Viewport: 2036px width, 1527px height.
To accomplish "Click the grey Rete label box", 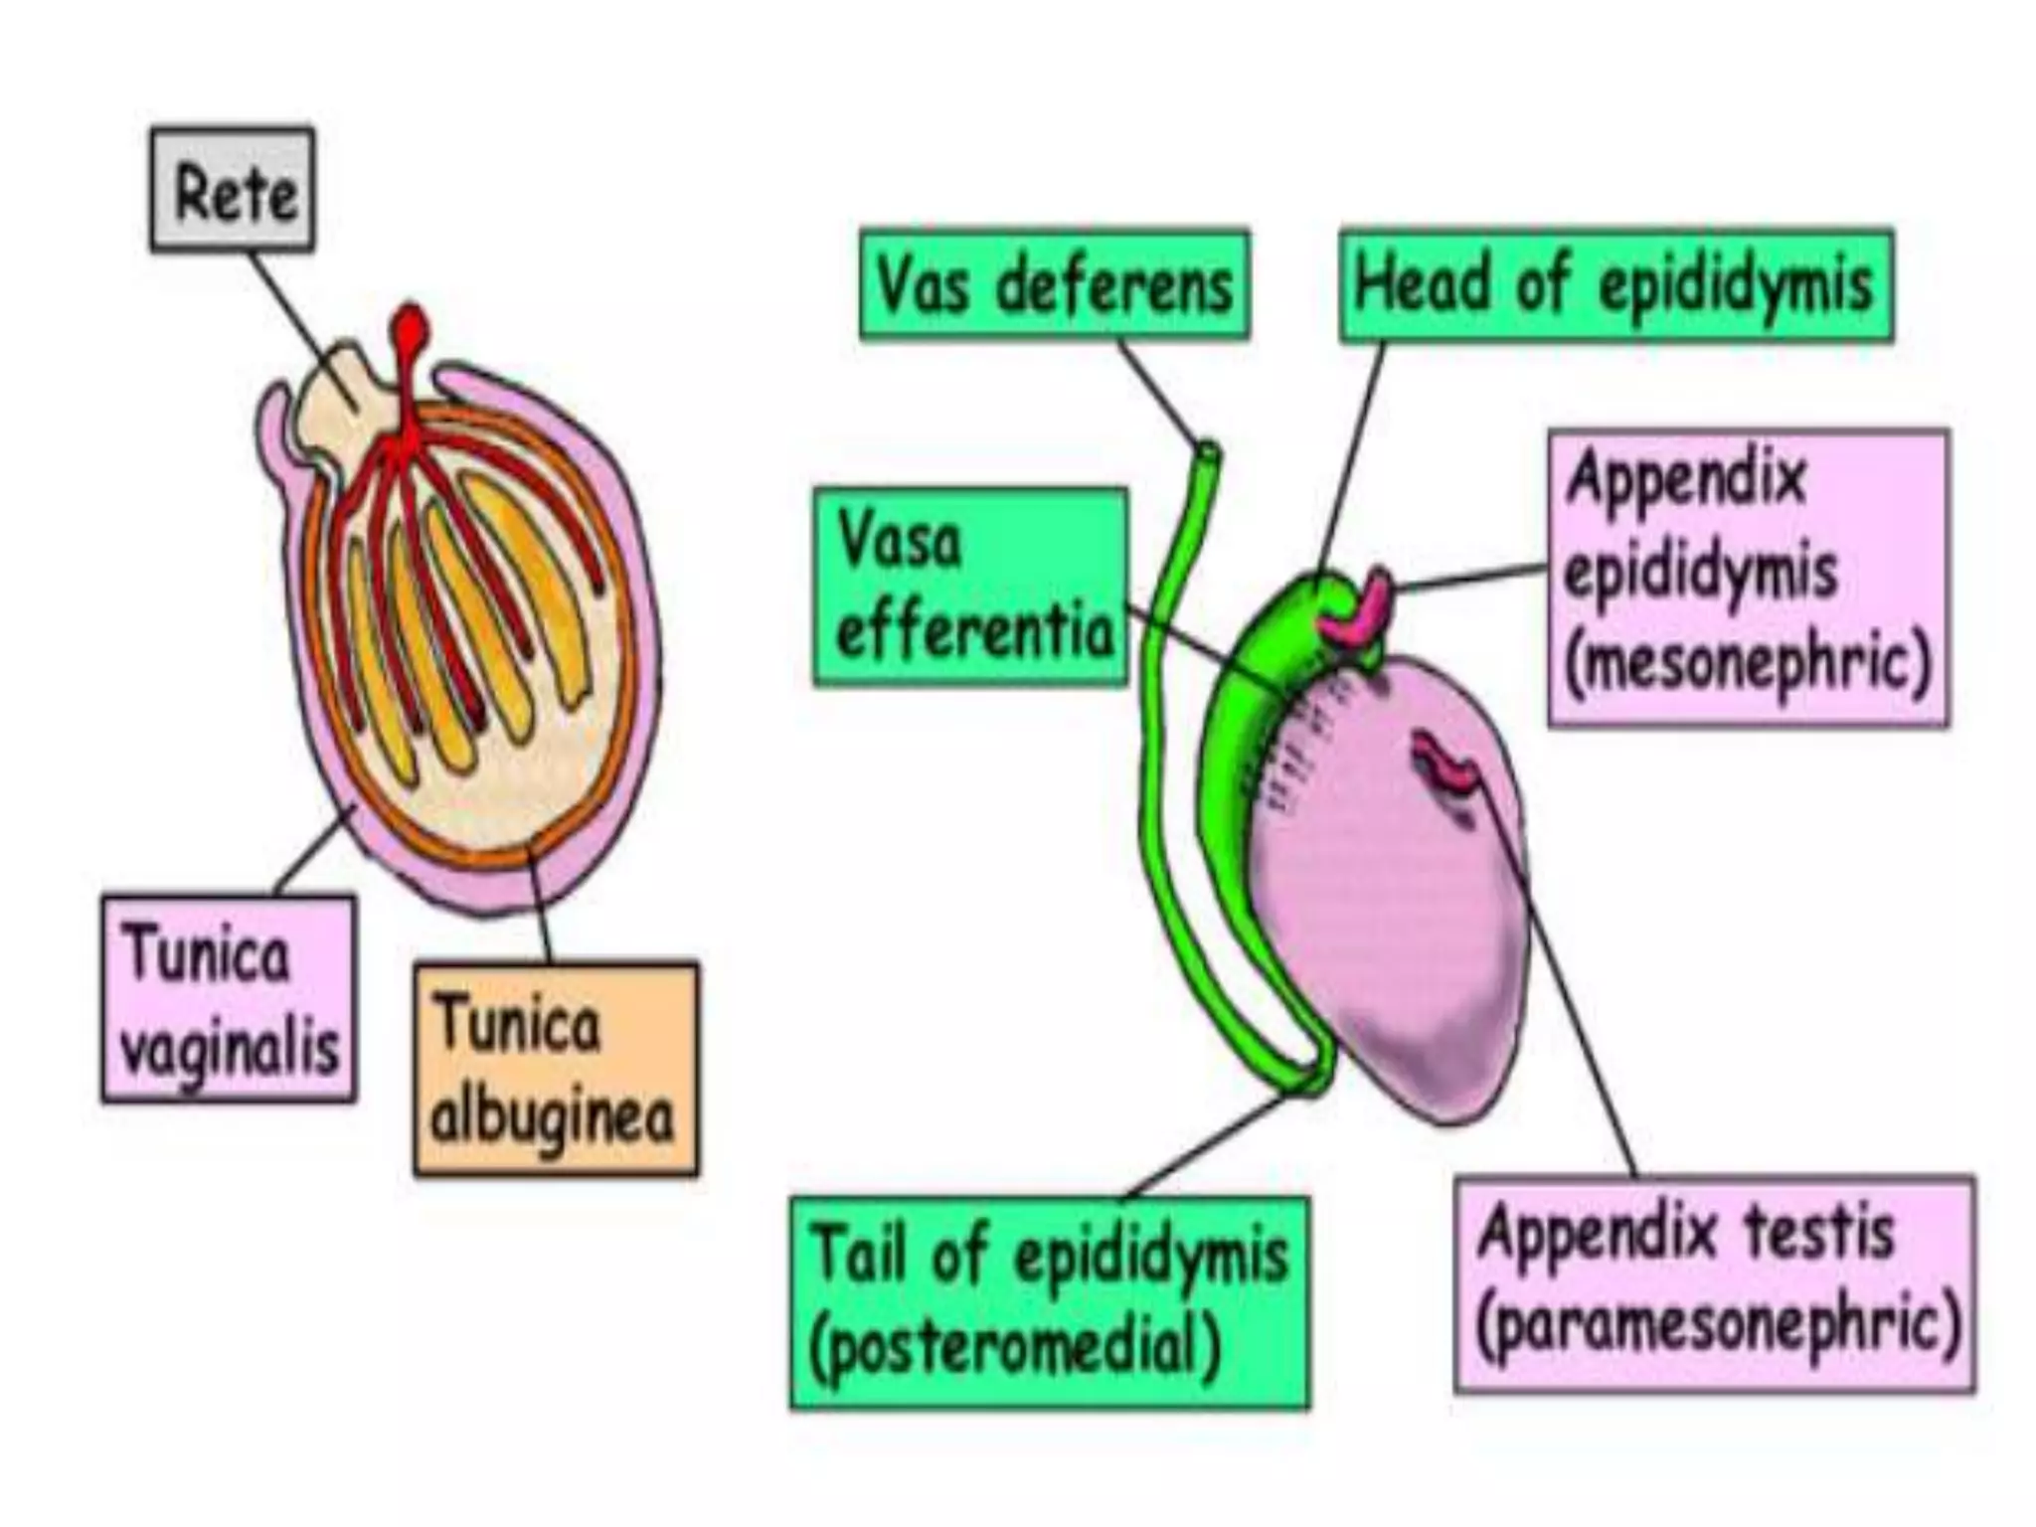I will point(233,189).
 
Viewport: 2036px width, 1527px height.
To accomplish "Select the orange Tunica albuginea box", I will point(556,1070).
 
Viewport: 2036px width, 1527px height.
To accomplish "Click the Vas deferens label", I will point(1054,285).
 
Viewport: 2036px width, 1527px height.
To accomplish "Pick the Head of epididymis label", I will point(1615,285).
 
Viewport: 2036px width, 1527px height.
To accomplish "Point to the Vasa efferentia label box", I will point(970,587).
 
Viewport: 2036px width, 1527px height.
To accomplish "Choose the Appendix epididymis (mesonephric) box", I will point(1748,578).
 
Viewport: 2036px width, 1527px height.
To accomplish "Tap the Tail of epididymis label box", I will point(1050,1302).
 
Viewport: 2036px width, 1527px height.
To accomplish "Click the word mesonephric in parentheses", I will point(1748,664).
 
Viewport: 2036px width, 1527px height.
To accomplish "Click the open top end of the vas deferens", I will point(1207,451).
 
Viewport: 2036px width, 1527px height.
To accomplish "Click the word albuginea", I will point(553,1117).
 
